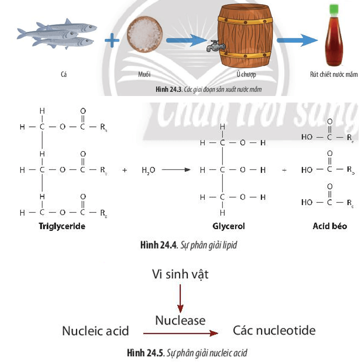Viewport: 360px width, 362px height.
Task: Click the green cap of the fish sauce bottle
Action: [333, 9]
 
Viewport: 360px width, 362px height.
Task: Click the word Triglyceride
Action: [62, 226]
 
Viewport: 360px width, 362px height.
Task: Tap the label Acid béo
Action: [330, 226]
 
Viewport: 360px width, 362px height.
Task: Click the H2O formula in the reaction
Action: [148, 170]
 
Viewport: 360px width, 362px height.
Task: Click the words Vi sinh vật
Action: [180, 274]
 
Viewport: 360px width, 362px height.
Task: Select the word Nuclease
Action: [180, 320]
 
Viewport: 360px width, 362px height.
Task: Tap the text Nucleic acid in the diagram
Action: [95, 331]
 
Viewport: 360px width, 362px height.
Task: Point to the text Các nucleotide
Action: [274, 331]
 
